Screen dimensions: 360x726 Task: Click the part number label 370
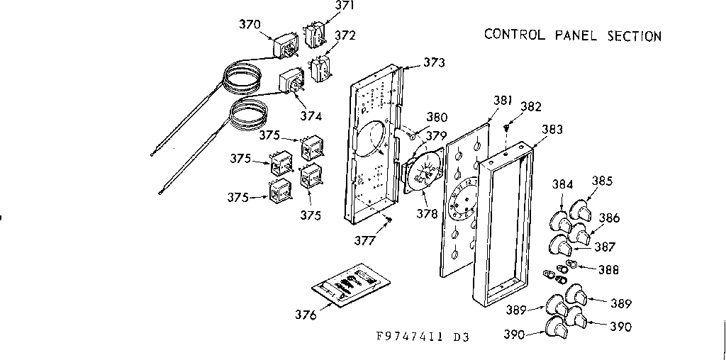tap(250, 23)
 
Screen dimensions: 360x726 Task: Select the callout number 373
tap(434, 62)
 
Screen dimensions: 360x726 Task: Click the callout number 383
tap(552, 130)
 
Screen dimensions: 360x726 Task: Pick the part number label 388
tap(608, 269)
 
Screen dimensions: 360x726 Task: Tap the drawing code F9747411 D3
tap(423, 337)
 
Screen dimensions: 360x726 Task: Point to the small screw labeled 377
tap(389, 223)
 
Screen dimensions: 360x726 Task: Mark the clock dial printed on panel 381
tap(465, 198)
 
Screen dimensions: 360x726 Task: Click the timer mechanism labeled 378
tap(423, 172)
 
